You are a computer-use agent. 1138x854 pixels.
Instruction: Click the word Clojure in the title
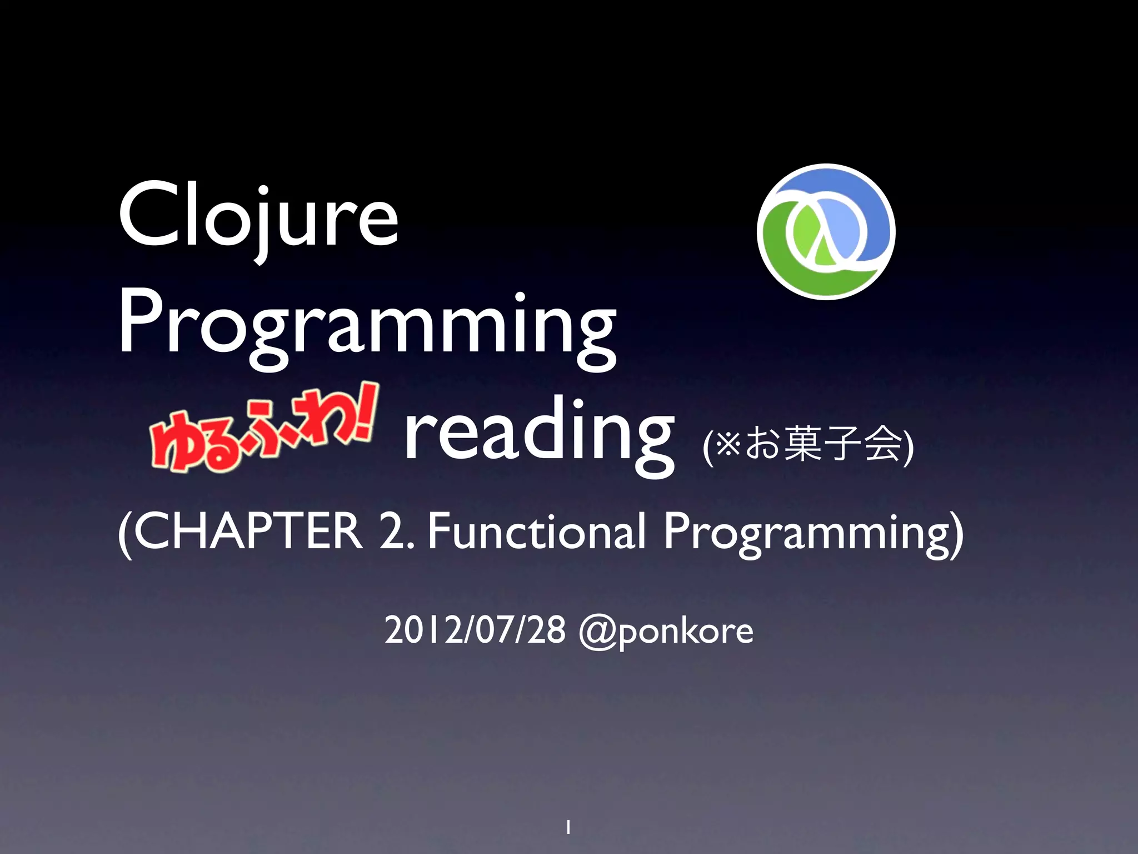click(258, 217)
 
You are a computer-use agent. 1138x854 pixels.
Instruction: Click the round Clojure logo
click(826, 232)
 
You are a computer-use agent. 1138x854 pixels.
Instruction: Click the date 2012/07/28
click(475, 630)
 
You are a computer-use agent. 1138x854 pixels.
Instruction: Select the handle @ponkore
click(666, 632)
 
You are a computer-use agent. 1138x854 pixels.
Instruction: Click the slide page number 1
click(568, 827)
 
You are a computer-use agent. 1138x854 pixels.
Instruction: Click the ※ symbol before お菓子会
click(727, 445)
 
